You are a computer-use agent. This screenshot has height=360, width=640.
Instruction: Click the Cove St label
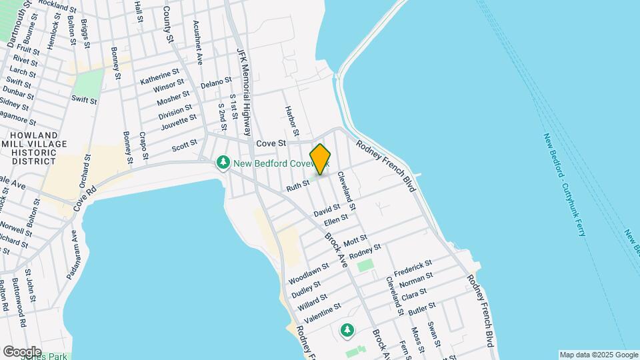[271, 143]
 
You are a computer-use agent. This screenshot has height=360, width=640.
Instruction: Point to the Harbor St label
[291, 120]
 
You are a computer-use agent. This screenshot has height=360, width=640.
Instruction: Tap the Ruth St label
[298, 185]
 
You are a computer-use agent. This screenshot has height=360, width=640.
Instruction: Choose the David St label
[327, 210]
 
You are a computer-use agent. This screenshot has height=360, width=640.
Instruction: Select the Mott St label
[355, 239]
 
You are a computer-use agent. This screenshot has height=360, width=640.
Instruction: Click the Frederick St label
[413, 269]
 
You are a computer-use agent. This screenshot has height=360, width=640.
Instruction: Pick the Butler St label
[422, 308]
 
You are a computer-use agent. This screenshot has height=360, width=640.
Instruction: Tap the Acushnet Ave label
[198, 41]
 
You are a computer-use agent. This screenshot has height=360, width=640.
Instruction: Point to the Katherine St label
[160, 76]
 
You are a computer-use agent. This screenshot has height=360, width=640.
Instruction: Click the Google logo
[22, 352]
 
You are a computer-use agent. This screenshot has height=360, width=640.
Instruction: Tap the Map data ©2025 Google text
[599, 355]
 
